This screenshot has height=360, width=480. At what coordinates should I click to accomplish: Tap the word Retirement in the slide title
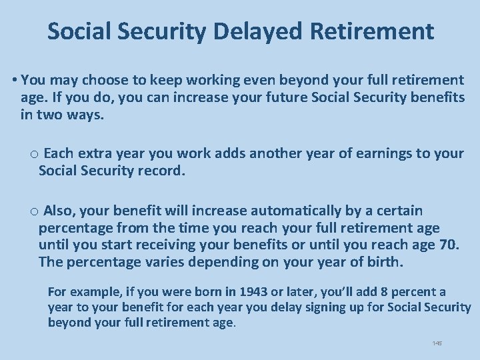pyautogui.click(x=379, y=31)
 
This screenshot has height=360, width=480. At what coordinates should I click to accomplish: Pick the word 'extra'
pyautogui.click(x=97, y=153)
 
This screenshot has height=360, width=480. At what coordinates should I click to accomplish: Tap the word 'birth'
pyautogui.click(x=383, y=262)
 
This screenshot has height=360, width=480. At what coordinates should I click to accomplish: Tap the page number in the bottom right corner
pyautogui.click(x=437, y=343)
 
